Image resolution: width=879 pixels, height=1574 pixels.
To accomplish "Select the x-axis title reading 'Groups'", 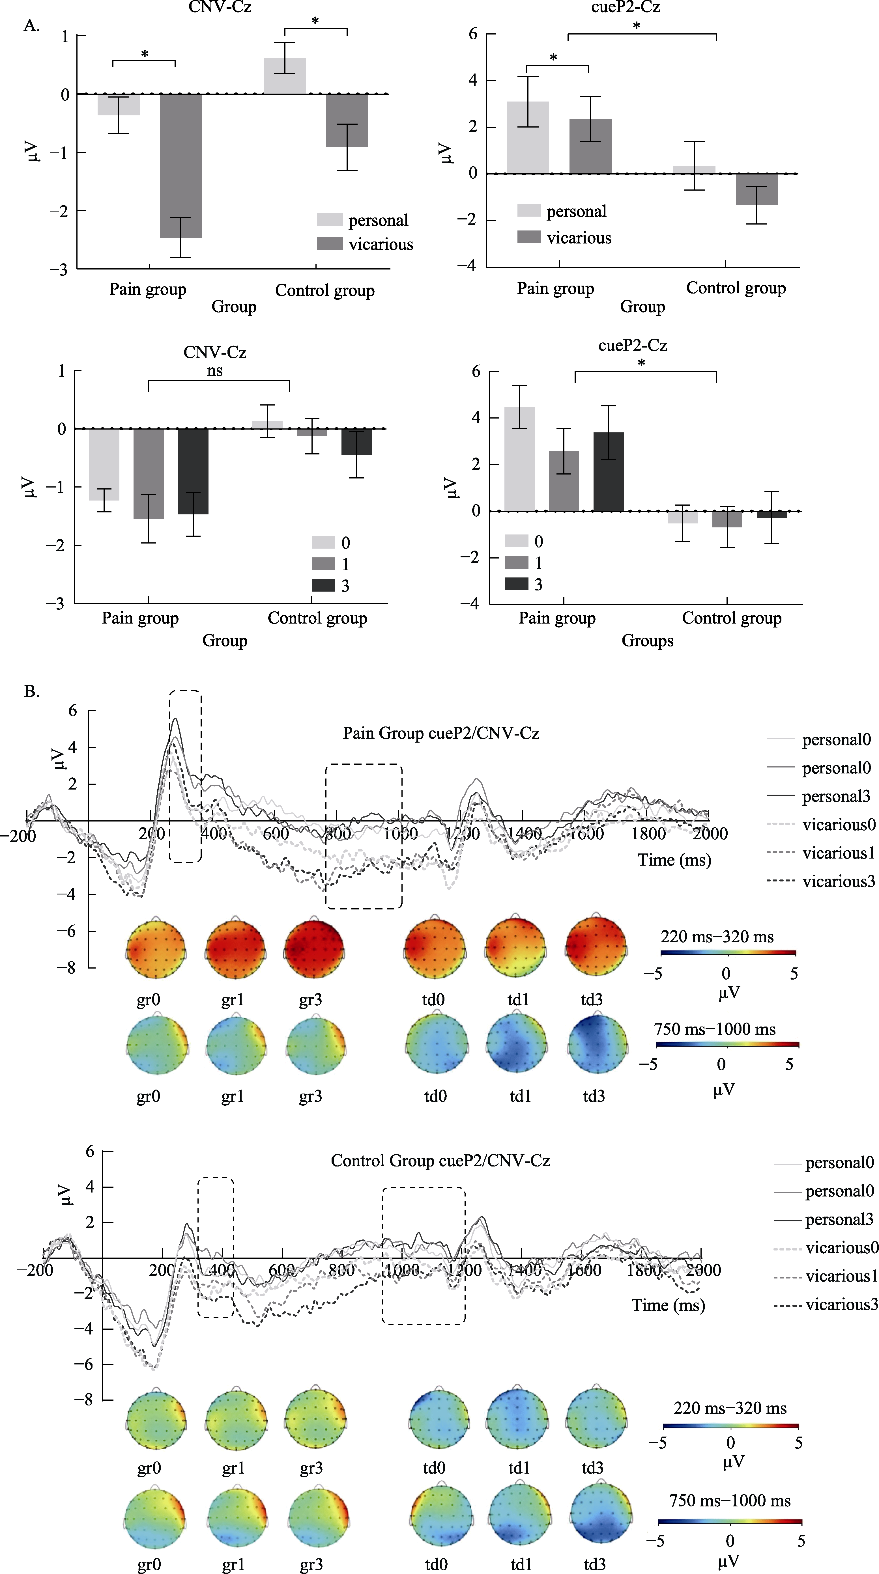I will pos(647,641).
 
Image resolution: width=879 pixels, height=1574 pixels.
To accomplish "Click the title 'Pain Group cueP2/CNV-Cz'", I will pos(441,733).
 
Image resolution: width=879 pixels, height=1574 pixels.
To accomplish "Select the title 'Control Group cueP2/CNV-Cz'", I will pos(440,1161).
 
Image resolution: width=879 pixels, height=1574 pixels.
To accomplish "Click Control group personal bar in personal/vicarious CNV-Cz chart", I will pos(285,76).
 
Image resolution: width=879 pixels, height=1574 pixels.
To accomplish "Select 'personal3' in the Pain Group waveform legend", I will pos(836,797).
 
